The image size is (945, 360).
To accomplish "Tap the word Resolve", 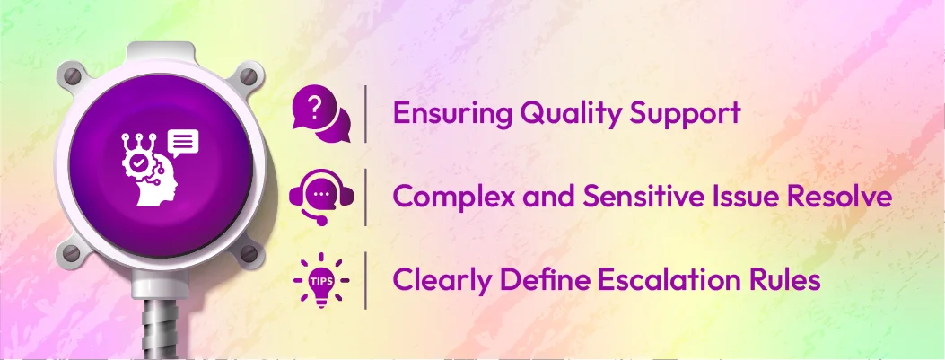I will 840,197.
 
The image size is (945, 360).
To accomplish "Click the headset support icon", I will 321,195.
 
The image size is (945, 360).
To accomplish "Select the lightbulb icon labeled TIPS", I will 321,280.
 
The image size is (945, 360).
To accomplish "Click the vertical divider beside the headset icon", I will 366,197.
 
